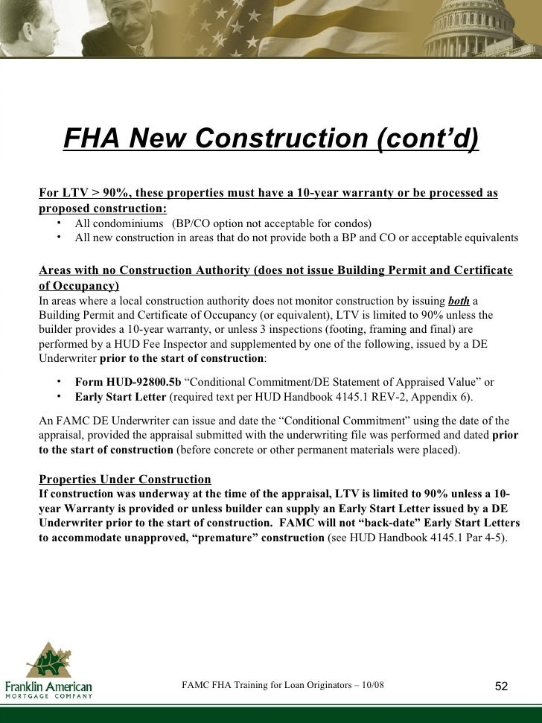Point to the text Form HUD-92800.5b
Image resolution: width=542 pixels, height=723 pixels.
(128, 382)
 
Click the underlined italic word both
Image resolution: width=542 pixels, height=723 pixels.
(458, 301)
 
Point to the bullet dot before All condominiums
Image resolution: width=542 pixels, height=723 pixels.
(58, 223)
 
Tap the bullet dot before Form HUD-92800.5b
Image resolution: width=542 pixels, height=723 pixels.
(58, 382)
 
